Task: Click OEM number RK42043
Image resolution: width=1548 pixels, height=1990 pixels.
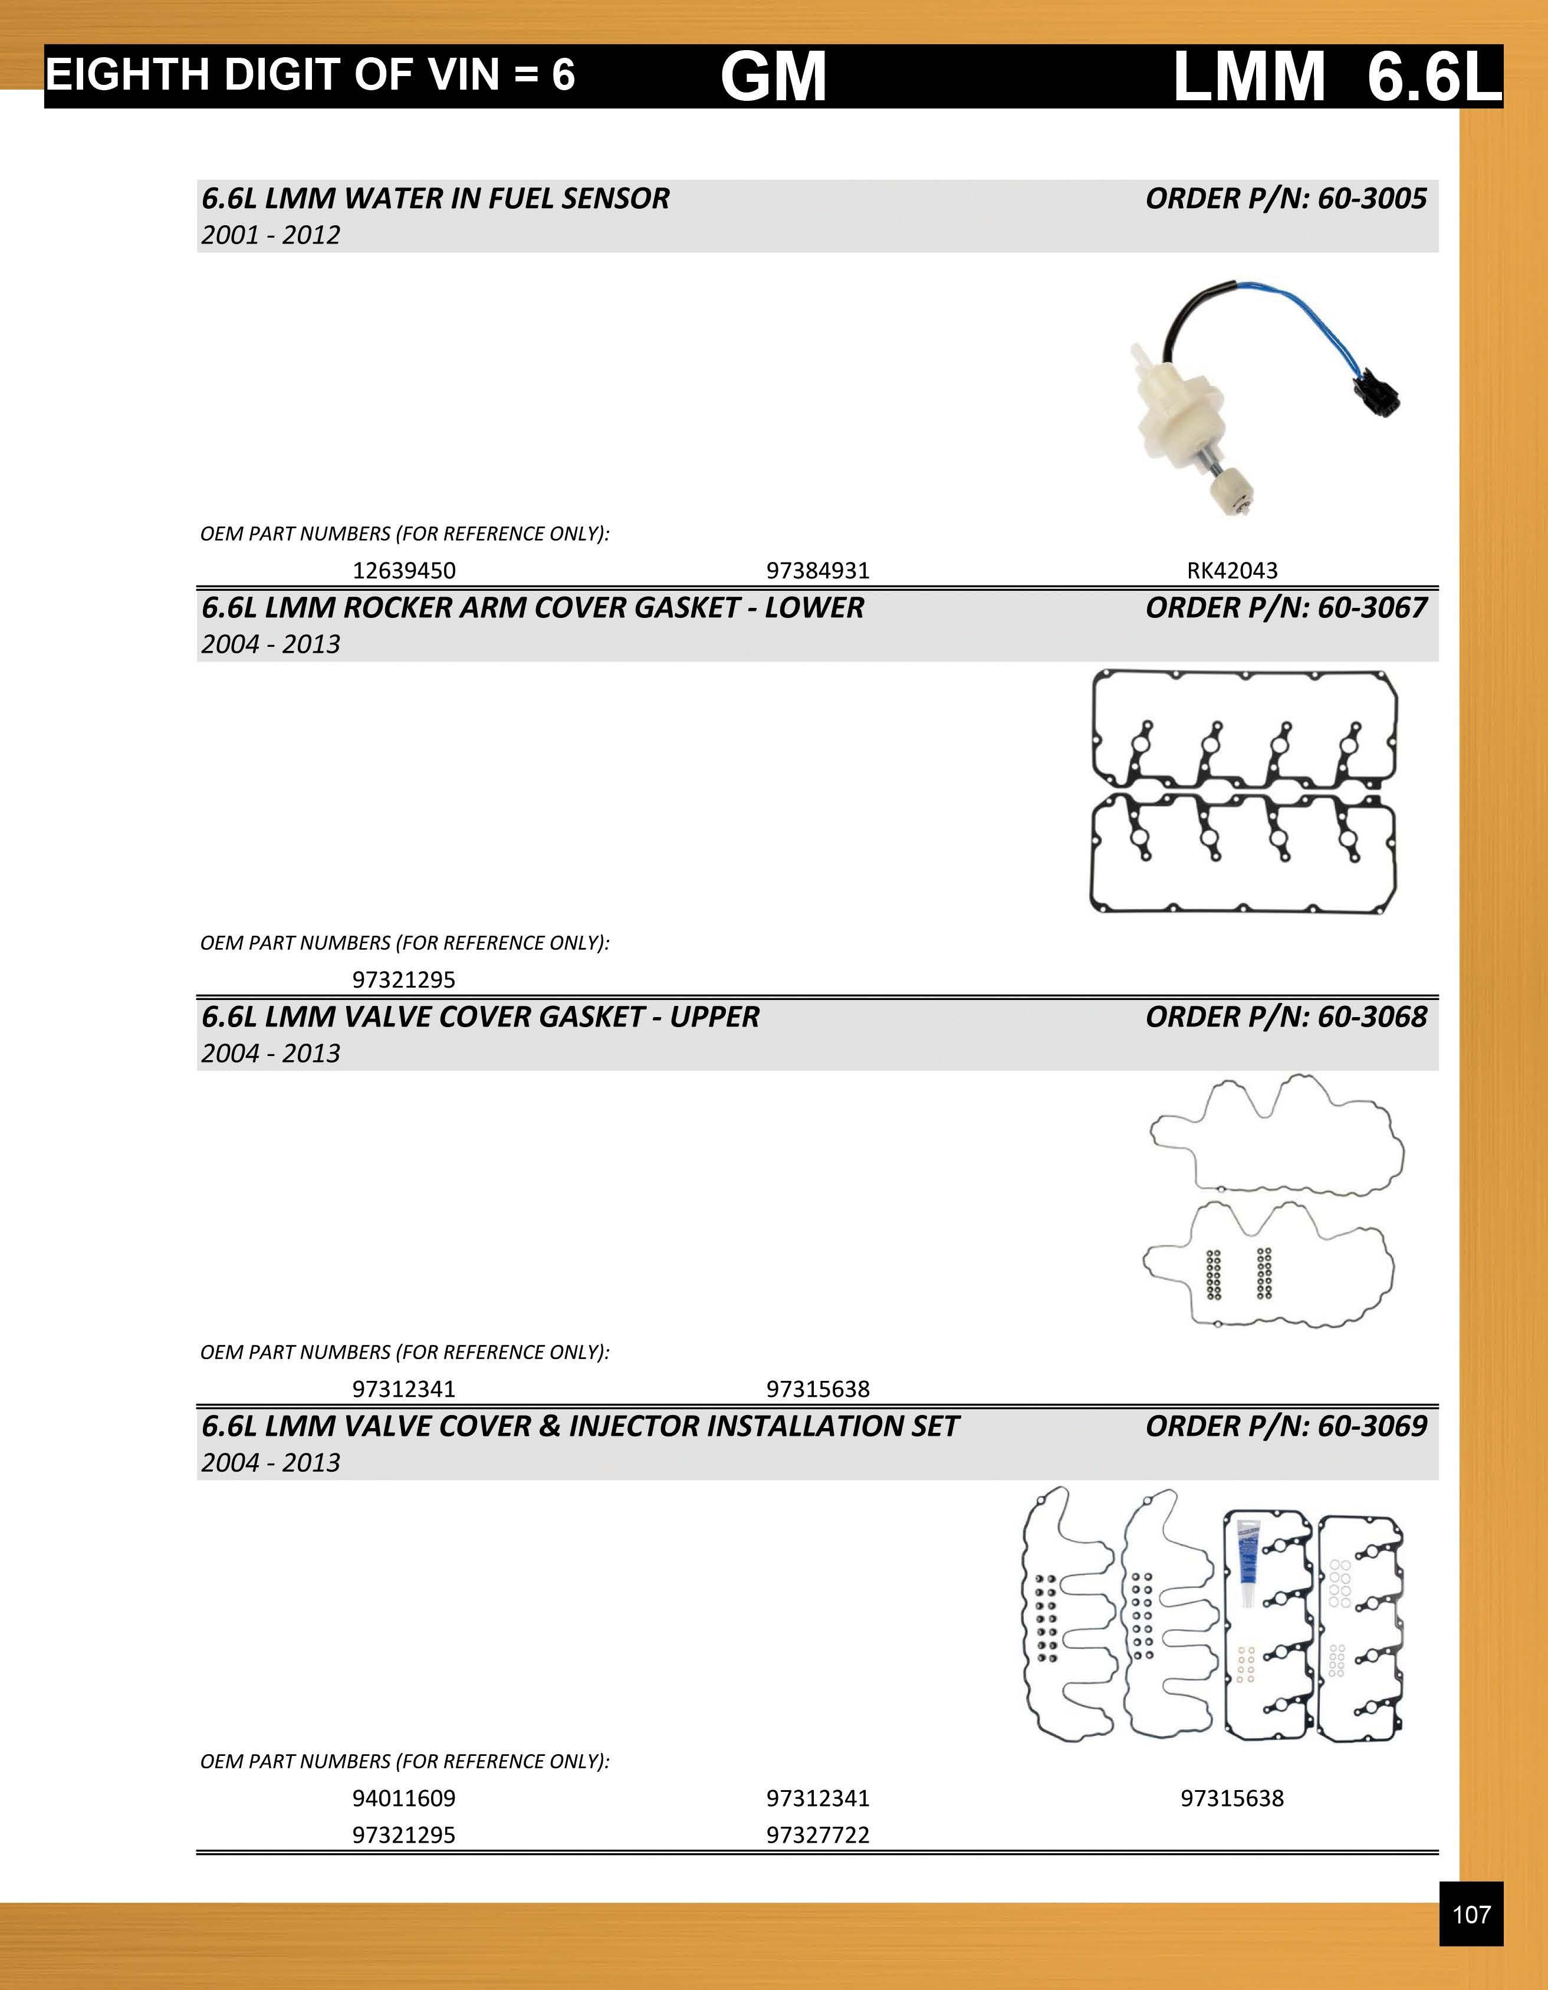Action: pos(1232,570)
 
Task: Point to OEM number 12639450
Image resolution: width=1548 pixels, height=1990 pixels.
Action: pos(403,570)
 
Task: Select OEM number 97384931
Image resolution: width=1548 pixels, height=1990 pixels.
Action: pos(817,570)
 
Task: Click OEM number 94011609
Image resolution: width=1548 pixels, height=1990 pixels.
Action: pos(403,1798)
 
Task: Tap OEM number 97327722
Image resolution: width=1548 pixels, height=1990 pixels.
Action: pos(817,1834)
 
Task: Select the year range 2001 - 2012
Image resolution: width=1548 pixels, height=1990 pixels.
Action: pos(271,235)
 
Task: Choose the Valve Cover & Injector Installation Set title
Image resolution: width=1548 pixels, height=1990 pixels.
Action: pos(580,1425)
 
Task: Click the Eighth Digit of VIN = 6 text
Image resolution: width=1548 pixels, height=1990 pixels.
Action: pos(310,75)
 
